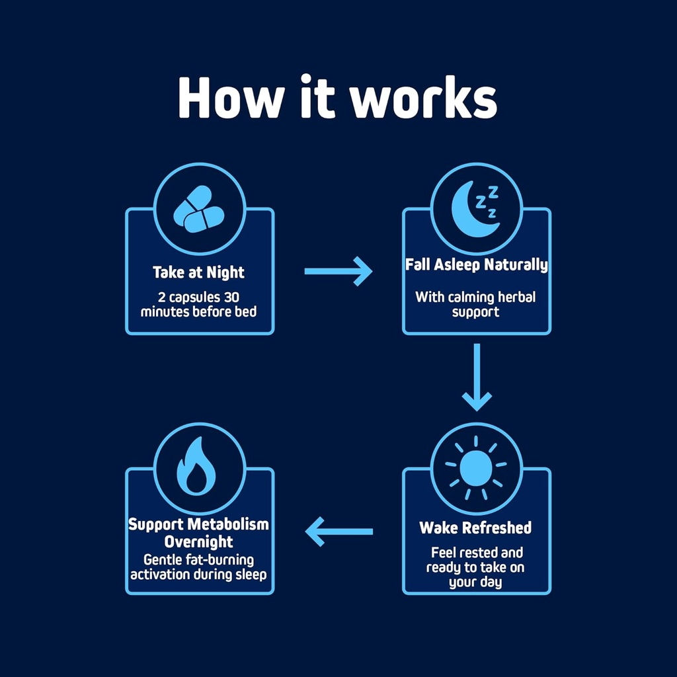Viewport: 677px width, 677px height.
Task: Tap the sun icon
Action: click(476, 467)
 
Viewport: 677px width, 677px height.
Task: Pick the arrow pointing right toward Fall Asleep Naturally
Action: click(338, 271)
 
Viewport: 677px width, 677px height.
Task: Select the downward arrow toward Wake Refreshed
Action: click(477, 377)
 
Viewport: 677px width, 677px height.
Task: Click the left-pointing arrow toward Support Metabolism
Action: click(338, 532)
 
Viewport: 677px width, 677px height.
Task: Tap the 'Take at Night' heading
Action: click(198, 272)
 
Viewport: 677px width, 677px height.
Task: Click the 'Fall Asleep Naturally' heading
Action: click(477, 266)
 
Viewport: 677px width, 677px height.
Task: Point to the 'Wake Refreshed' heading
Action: click(475, 528)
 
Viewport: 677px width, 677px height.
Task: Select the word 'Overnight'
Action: click(199, 542)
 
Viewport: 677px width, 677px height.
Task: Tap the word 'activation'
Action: click(161, 574)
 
